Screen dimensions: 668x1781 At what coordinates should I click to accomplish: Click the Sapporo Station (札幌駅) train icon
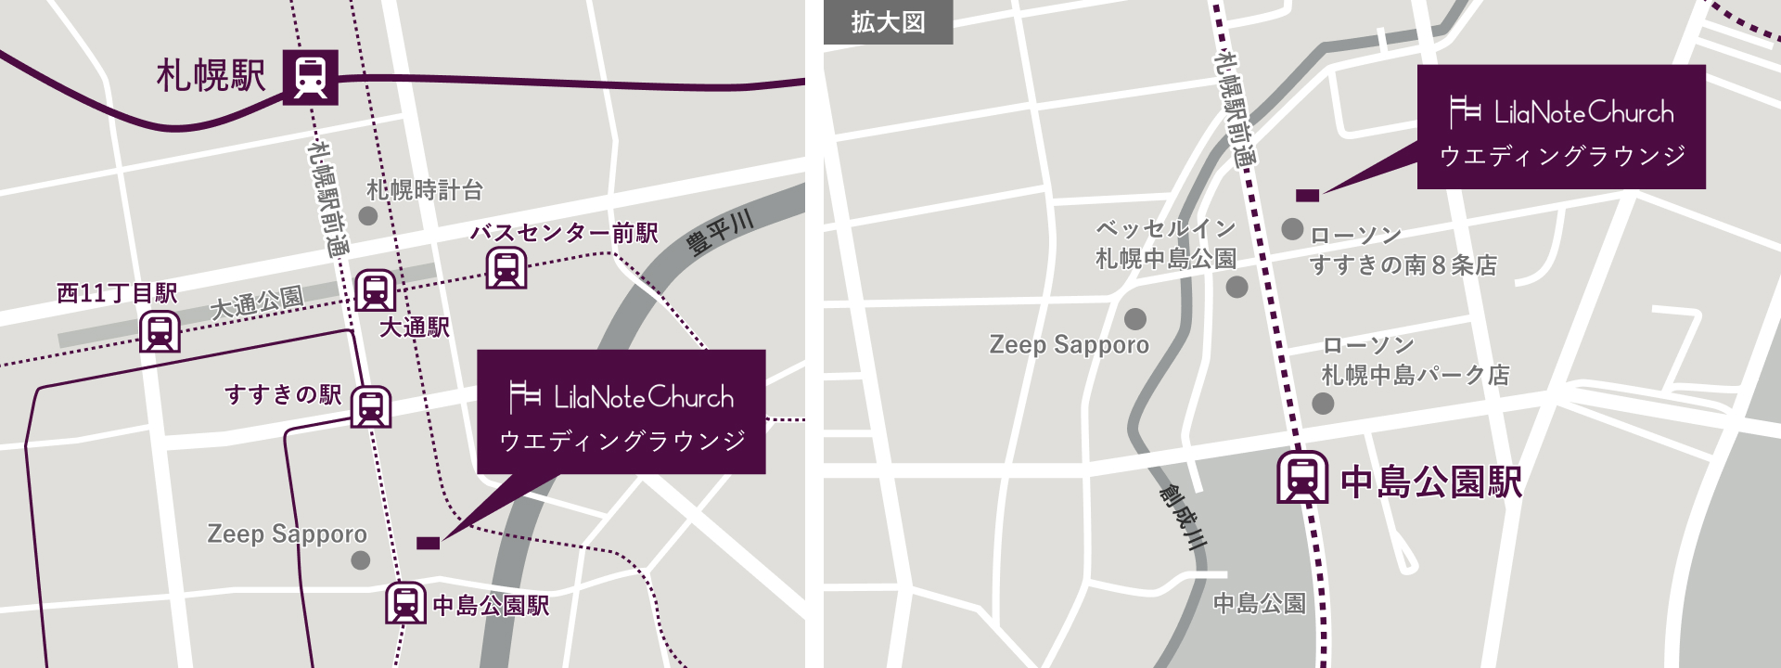310,77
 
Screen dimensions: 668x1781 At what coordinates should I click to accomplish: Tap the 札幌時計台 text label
425,191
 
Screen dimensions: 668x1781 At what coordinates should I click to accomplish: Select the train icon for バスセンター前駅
506,268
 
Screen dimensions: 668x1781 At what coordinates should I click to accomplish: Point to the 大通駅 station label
415,327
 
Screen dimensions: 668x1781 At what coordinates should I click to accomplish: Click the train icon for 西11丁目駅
160,331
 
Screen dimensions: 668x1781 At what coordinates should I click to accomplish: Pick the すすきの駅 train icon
370,406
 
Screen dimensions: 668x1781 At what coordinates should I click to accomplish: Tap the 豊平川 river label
720,233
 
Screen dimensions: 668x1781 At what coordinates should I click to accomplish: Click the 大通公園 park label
257,302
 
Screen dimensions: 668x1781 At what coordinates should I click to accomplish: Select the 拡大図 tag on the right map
888,22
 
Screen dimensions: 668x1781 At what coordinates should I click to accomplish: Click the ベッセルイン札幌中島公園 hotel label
1166,243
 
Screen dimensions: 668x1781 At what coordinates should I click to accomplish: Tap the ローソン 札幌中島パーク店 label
1416,361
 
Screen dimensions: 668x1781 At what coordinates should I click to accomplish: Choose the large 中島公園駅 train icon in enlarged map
1302,477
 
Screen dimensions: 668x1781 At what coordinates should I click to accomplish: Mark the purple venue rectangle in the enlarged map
1307,195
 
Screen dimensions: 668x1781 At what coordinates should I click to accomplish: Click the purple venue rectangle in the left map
428,543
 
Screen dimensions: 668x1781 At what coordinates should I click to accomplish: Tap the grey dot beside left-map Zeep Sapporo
361,560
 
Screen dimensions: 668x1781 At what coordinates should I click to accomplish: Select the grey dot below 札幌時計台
368,216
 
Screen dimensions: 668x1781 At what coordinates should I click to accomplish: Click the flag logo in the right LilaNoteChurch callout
1465,112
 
